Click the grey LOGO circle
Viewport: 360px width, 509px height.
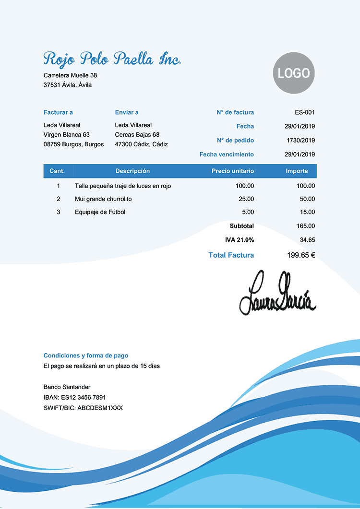[294, 73]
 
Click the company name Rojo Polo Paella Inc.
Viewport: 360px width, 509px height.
[112, 59]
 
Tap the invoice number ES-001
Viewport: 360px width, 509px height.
[305, 112]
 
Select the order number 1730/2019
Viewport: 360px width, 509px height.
[300, 141]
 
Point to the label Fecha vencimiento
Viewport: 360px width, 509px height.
[227, 154]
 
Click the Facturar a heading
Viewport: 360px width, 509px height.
[58, 112]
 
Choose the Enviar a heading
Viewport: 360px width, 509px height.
[127, 112]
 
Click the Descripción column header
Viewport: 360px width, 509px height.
[132, 171]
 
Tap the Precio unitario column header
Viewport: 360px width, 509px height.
[233, 171]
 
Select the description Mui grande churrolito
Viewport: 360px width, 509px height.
[103, 199]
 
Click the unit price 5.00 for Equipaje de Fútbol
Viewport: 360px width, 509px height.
[248, 212]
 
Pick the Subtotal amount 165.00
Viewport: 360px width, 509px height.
[306, 225]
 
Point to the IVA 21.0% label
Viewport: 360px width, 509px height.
[240, 239]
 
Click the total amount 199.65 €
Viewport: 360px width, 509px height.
[301, 255]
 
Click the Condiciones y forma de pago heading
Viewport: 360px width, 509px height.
[86, 355]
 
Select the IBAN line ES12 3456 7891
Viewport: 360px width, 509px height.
[74, 397]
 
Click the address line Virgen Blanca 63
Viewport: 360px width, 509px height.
[67, 134]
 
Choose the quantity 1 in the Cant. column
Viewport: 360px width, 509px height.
[59, 186]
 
